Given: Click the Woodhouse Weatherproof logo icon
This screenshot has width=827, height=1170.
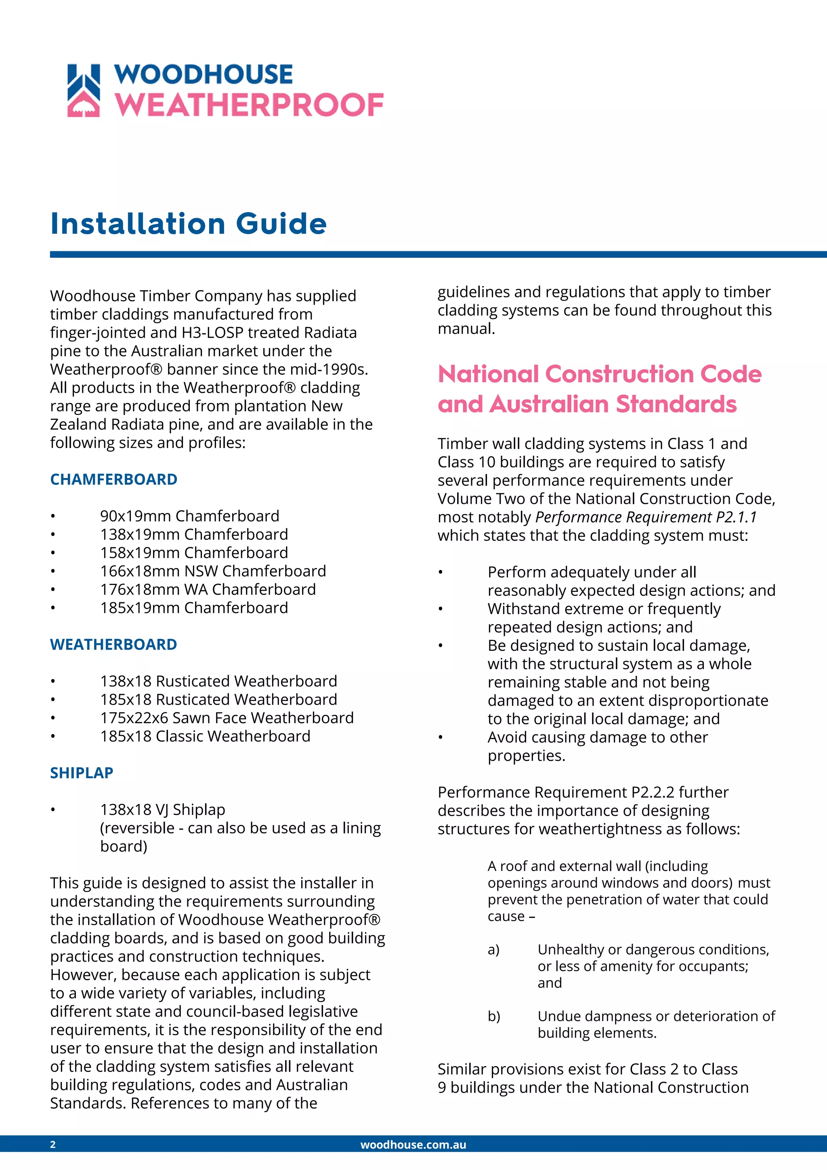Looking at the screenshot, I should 84,91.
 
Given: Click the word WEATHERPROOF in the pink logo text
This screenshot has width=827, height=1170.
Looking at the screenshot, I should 249,105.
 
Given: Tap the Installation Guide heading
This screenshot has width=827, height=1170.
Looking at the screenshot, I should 189,224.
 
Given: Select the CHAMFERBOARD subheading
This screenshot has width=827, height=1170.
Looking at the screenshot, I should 113,480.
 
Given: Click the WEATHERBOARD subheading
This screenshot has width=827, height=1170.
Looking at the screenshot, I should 113,645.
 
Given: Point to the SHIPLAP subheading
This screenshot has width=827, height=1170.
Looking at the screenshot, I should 82,773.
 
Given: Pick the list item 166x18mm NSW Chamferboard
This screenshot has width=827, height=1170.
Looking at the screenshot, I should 213,571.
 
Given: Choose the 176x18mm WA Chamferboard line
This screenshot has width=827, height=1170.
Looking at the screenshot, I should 208,589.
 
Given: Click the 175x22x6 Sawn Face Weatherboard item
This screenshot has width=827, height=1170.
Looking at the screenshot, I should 227,718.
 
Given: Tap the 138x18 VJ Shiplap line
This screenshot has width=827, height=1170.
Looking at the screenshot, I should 162,810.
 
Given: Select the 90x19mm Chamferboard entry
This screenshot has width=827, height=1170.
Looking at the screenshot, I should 189,516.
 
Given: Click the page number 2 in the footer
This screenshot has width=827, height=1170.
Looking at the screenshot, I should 53,1145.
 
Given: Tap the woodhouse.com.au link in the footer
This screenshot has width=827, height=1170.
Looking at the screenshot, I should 413,1145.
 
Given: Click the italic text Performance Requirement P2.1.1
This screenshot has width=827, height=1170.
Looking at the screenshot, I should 646,517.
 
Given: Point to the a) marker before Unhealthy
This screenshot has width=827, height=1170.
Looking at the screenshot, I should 493,950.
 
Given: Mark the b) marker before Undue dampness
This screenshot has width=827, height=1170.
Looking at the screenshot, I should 493,1016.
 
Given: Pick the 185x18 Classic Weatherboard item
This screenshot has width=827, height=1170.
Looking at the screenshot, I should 205,737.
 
